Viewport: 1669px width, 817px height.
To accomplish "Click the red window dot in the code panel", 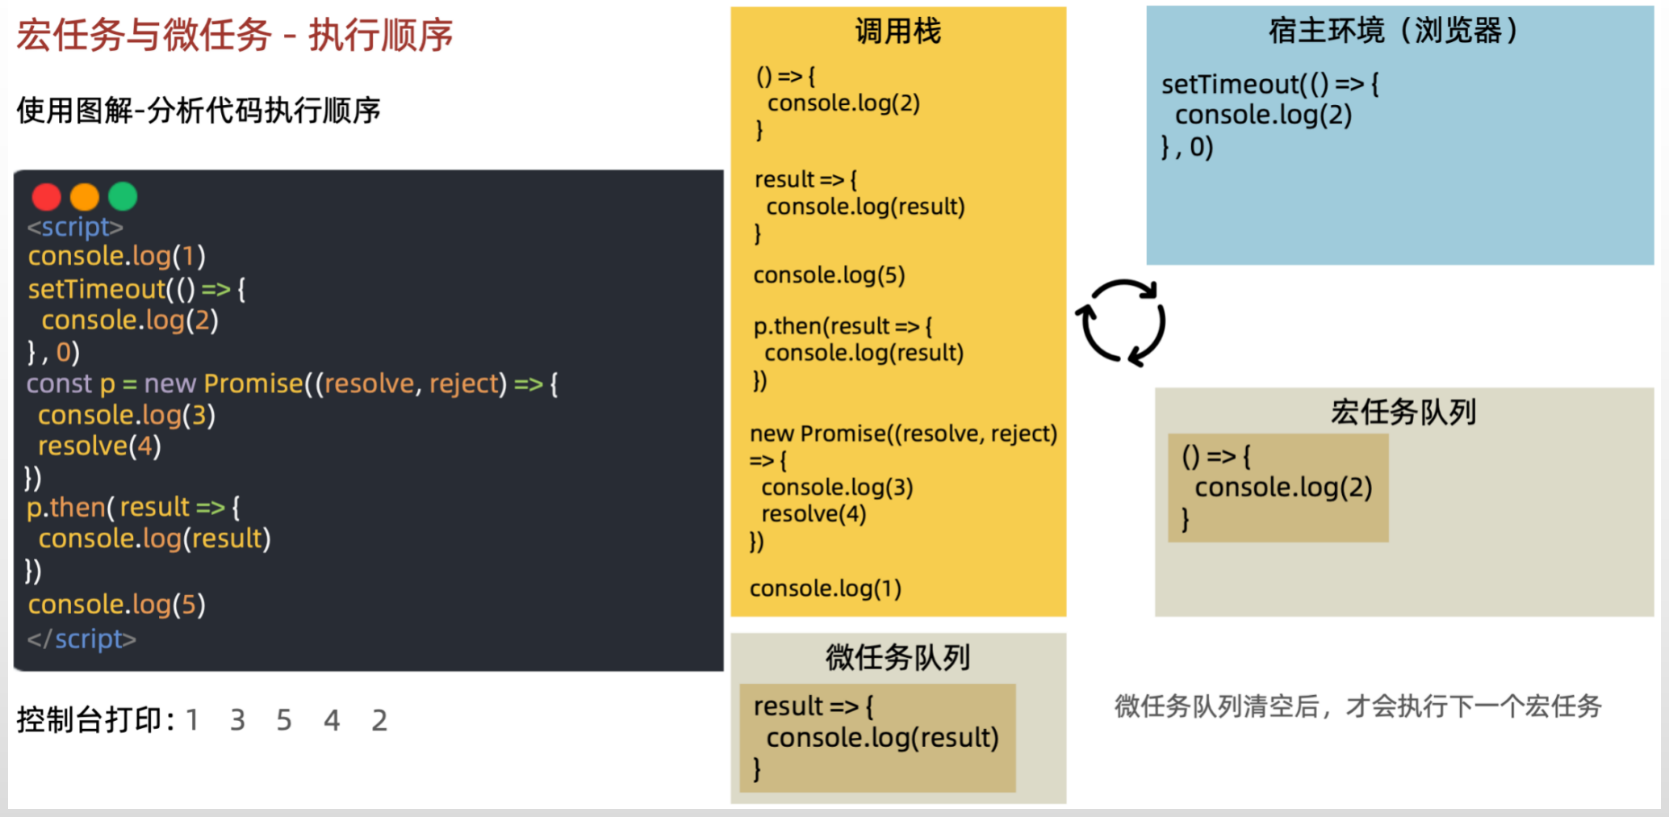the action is pyautogui.click(x=46, y=196).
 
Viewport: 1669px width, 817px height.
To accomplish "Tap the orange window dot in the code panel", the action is pyautogui.click(x=85, y=196).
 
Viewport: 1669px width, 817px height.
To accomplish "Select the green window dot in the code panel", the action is pyautogui.click(x=123, y=196).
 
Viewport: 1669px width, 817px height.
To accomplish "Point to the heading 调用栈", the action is pyautogui.click(x=898, y=31).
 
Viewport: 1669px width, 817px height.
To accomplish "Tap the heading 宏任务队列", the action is pyautogui.click(x=1403, y=412).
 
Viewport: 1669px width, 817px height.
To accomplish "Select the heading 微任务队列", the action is pyautogui.click(x=897, y=657).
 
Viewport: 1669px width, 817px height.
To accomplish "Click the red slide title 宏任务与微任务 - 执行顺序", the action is pyautogui.click(x=235, y=35).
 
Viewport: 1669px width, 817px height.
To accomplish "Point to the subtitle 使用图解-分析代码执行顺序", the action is pyautogui.click(x=199, y=111).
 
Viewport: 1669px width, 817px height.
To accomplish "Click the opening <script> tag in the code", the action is pyautogui.click(x=75, y=227).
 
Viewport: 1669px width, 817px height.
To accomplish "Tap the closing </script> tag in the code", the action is pyautogui.click(x=82, y=639).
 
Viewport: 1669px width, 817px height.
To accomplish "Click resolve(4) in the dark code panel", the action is pyautogui.click(x=99, y=446).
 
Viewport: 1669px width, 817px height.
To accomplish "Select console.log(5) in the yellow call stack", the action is pyautogui.click(x=829, y=275).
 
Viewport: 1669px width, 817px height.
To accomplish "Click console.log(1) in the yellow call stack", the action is pyautogui.click(x=826, y=589).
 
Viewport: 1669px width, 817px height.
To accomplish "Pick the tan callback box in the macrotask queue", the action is pyautogui.click(x=1278, y=488).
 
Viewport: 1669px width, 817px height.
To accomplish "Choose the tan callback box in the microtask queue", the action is pyautogui.click(x=877, y=738).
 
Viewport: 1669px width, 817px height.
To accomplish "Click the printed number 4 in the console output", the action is pyautogui.click(x=332, y=720).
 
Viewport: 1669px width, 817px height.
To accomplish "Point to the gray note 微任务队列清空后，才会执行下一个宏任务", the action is pyautogui.click(x=1358, y=706).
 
